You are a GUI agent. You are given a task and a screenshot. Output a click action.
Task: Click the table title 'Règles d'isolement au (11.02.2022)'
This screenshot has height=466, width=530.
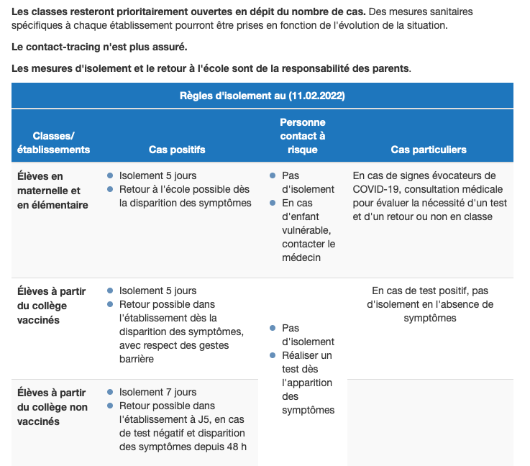[x=262, y=96]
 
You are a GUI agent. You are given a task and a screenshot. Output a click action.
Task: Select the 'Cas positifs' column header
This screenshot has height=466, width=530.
[x=177, y=150]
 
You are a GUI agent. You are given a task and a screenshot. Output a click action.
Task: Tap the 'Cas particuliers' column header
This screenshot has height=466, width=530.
[x=429, y=150]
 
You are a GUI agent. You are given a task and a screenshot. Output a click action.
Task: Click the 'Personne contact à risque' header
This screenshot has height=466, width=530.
[x=303, y=136]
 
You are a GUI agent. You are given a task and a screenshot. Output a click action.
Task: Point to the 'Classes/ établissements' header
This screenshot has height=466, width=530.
[x=54, y=142]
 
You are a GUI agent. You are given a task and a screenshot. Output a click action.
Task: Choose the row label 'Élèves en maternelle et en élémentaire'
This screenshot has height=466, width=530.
[x=52, y=191]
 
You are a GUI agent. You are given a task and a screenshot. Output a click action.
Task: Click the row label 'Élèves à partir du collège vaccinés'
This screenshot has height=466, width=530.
[x=51, y=306]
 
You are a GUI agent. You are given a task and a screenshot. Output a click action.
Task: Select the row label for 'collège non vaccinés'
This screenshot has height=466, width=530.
[x=52, y=407]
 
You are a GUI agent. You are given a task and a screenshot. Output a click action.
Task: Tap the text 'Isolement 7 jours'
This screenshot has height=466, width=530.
[x=157, y=392]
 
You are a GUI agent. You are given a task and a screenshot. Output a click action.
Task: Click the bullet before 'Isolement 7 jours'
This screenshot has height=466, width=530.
[x=110, y=392]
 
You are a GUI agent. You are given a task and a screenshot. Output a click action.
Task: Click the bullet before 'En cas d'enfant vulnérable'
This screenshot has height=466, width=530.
[x=273, y=204]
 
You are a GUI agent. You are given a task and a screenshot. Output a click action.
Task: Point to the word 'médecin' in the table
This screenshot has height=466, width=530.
[x=302, y=257]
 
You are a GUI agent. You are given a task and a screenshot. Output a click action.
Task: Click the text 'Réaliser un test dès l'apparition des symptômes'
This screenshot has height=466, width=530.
[x=308, y=383]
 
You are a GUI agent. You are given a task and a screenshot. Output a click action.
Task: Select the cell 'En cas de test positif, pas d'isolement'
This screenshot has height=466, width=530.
[x=430, y=304]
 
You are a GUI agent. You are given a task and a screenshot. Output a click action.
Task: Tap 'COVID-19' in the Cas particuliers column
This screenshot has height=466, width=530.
[x=379, y=189]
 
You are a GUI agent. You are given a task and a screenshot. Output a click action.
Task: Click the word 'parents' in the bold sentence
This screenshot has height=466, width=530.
[x=390, y=68]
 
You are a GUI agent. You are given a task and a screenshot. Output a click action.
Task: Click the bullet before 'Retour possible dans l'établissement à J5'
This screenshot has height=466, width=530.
[x=110, y=406]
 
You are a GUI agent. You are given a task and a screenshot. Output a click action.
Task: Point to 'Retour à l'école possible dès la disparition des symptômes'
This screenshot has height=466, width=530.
[x=185, y=196]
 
